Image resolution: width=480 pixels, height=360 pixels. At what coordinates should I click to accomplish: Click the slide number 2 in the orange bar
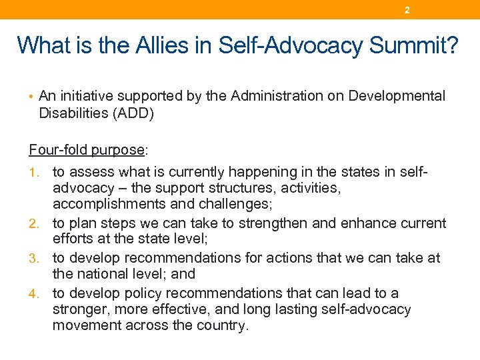pyautogui.click(x=407, y=11)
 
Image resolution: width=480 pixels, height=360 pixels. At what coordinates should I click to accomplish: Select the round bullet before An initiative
pyautogui.click(x=31, y=97)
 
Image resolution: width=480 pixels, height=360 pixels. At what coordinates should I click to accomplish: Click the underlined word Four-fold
pyautogui.click(x=55, y=149)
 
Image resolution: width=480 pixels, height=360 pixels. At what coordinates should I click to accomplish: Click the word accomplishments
pyautogui.click(x=103, y=204)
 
